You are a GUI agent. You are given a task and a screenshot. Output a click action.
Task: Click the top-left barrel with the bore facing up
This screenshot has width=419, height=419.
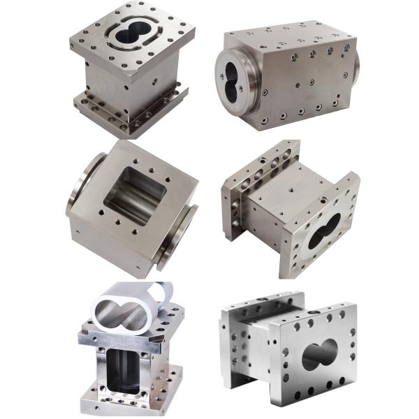point(129,70)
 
